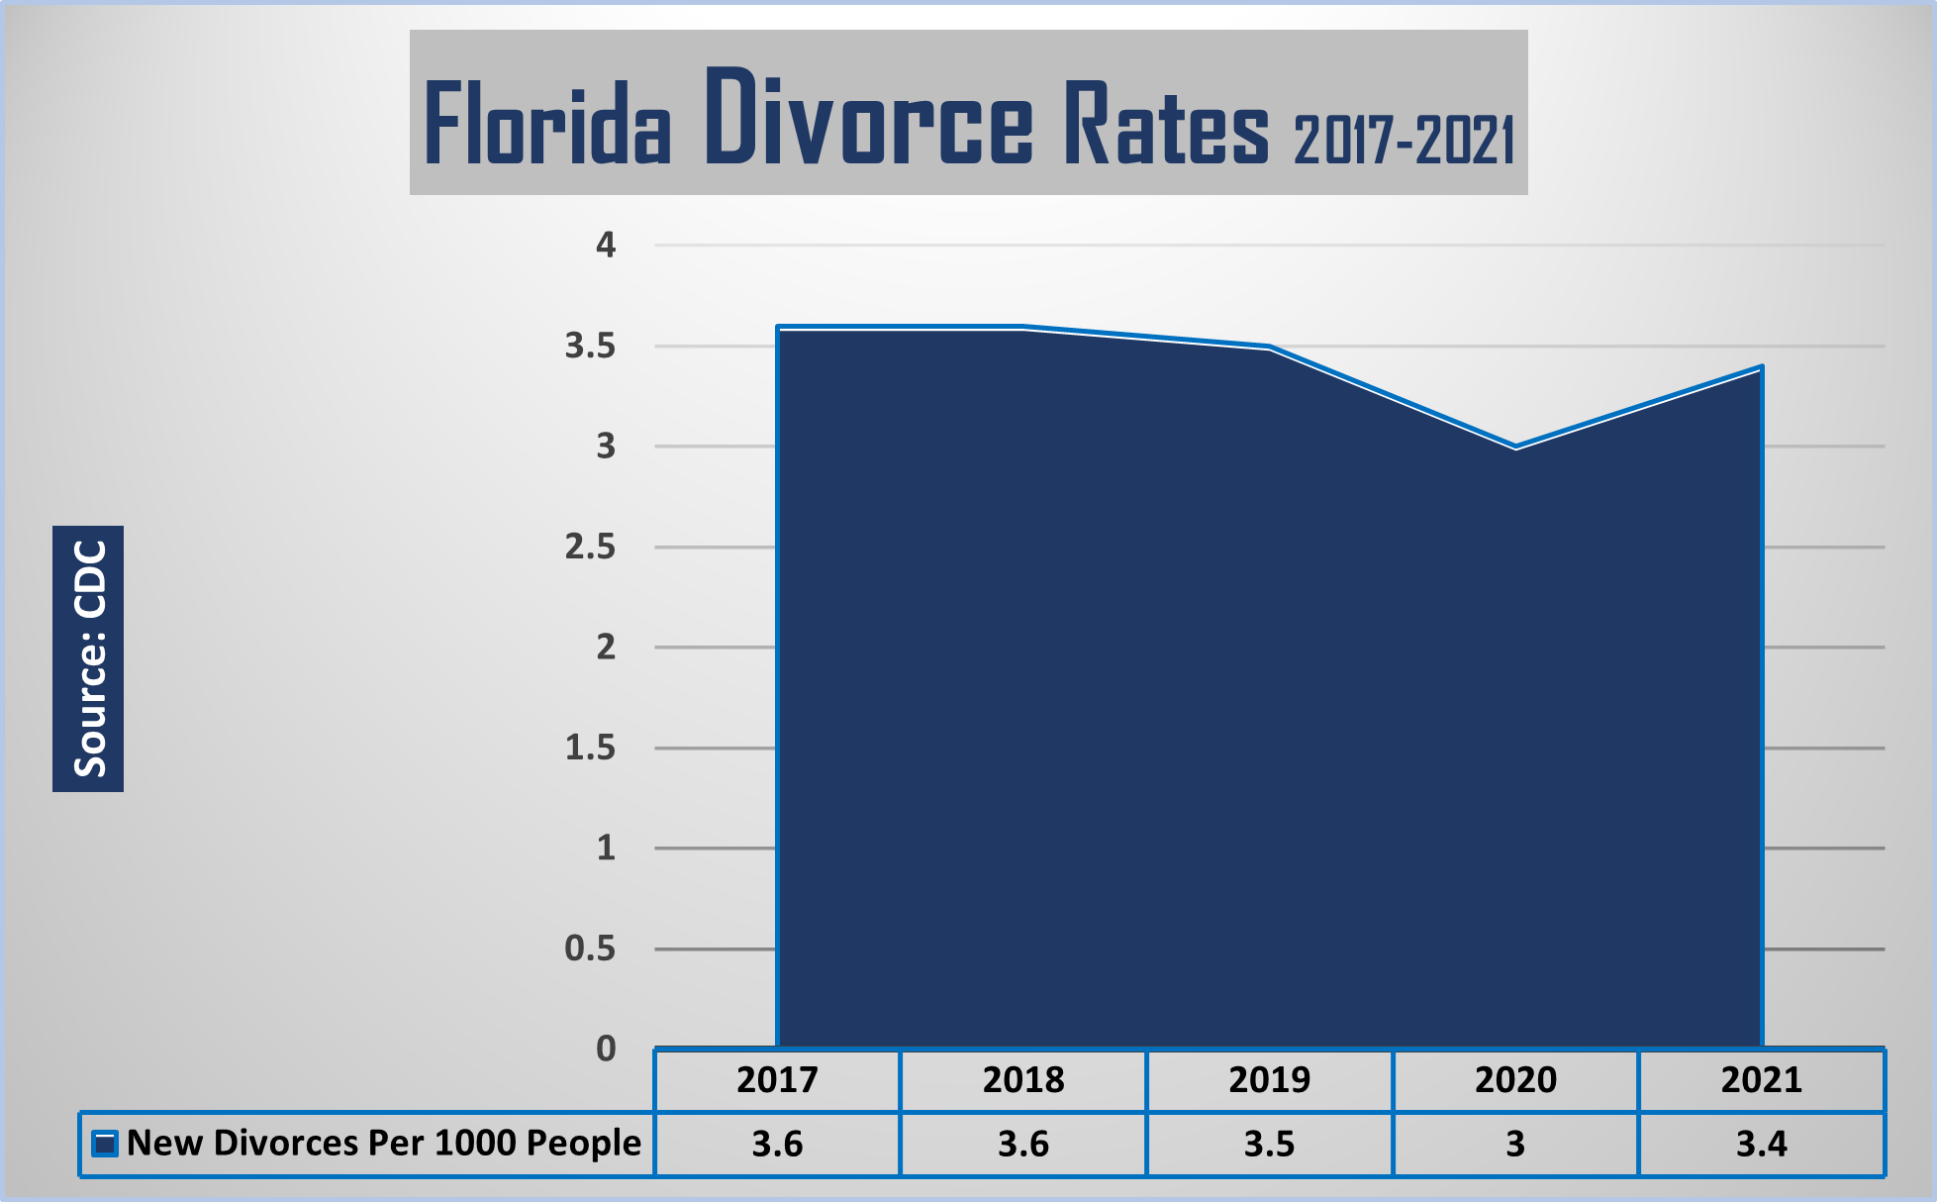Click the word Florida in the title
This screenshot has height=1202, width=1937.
point(547,124)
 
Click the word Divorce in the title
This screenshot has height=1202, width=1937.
point(869,118)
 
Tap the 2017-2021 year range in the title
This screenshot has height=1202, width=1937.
point(1404,140)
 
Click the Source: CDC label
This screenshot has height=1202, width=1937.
point(89,658)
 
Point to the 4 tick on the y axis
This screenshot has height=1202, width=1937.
point(606,245)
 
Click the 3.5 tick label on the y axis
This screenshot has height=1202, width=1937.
point(590,346)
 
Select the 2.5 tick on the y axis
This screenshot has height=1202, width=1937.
point(590,547)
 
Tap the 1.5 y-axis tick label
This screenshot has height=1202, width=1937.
point(590,748)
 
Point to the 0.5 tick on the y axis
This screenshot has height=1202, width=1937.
point(590,949)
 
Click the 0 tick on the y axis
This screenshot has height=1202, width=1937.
point(606,1049)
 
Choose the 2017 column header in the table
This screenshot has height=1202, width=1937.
point(777,1080)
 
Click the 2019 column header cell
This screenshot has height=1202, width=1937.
point(1269,1080)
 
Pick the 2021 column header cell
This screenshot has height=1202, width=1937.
point(1762,1080)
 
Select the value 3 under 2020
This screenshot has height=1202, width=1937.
point(1515,1145)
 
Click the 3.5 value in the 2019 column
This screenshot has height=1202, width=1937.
point(1269,1145)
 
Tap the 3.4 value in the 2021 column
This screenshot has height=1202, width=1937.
point(1762,1145)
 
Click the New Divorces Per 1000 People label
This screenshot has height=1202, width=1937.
point(384,1144)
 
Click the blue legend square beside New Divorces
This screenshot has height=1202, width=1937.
point(105,1144)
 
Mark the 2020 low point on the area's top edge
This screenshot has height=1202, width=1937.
point(1515,448)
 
